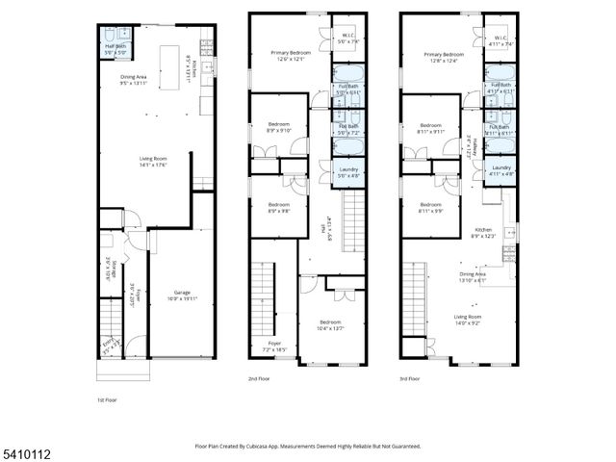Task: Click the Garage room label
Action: coord(181,293)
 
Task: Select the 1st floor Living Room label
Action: coord(153,160)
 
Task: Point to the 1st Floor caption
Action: coord(107,400)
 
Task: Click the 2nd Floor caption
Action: coord(259,378)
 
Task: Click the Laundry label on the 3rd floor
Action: coord(500,167)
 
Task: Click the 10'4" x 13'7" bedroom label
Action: coord(330,324)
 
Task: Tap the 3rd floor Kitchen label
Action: coord(483,230)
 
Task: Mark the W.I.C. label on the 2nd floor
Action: coord(347,38)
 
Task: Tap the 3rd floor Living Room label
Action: coord(467,316)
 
